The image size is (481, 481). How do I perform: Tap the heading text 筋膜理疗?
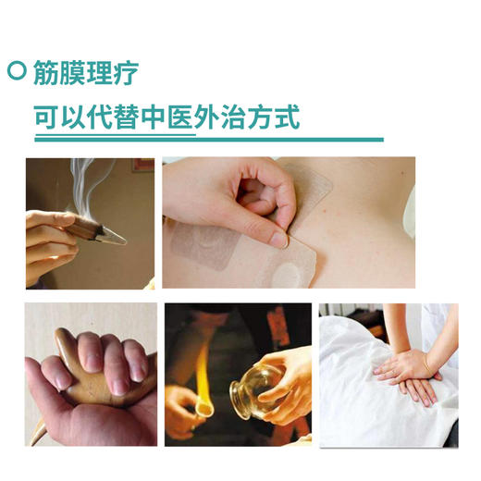tap(87, 71)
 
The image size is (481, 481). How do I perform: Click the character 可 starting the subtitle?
tap(49, 118)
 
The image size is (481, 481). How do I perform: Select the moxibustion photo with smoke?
tap(90, 222)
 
